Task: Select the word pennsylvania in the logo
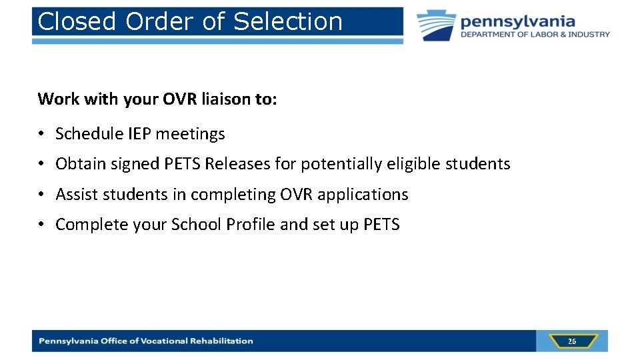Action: pyautogui.click(x=517, y=21)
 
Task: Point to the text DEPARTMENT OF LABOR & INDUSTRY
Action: pyautogui.click(x=535, y=35)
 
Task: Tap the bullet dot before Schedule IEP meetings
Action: pyautogui.click(x=42, y=134)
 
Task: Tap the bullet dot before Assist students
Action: pyautogui.click(x=42, y=195)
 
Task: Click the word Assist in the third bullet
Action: pyautogui.click(x=75, y=195)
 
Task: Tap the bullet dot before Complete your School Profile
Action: pyautogui.click(x=42, y=225)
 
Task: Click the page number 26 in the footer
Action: pyautogui.click(x=571, y=341)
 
